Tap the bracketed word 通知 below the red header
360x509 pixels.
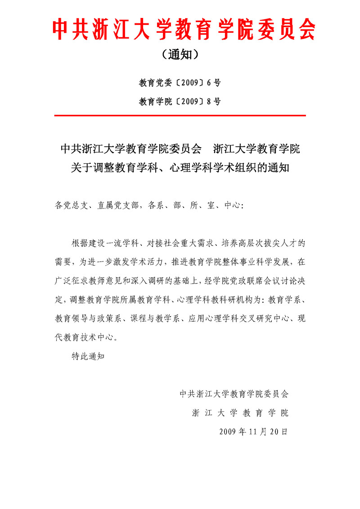coord(180,55)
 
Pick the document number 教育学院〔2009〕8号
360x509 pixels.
coord(180,101)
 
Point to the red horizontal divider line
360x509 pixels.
coord(180,116)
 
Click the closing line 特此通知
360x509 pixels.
coord(88,356)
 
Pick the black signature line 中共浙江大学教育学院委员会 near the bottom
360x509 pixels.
coord(234,393)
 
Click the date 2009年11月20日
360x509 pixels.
coord(253,431)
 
